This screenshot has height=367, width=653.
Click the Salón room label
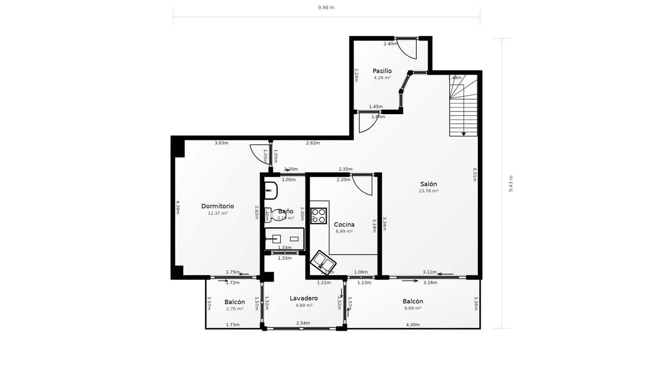click(428, 184)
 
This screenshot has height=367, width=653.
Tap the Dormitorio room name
click(218, 206)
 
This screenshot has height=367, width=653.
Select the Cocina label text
click(344, 225)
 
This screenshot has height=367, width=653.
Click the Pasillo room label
click(382, 71)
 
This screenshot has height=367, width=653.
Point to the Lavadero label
click(304, 298)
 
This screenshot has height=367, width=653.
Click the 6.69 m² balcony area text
click(413, 308)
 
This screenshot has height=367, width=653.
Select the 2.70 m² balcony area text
click(234, 309)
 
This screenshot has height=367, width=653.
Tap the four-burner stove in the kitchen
click(318, 216)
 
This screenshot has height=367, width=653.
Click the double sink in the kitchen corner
click(323, 262)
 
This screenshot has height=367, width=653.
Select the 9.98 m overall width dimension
click(326, 8)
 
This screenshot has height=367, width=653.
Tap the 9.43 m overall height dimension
click(511, 183)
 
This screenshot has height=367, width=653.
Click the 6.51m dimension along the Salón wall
click(475, 174)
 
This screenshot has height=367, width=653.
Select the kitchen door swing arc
click(363, 186)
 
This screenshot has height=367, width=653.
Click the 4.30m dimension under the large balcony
click(413, 325)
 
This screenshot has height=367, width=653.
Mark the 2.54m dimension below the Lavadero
click(303, 323)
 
